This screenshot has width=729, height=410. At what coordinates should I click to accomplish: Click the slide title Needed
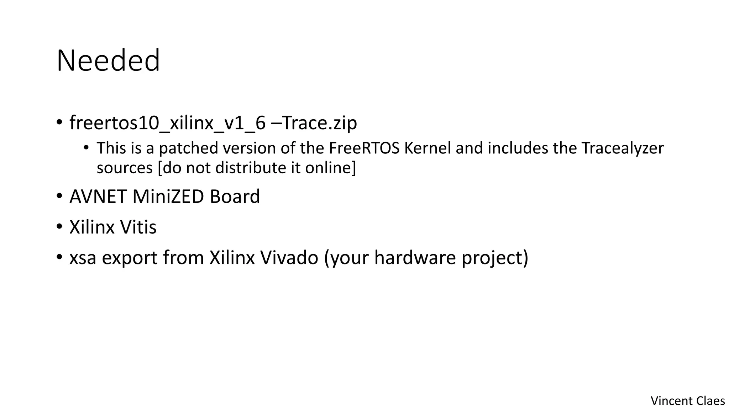pyautogui.click(x=108, y=61)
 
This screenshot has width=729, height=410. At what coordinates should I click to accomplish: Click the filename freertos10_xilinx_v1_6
pyautogui.click(x=167, y=123)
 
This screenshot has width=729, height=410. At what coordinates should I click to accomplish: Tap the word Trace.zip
pyautogui.click(x=319, y=123)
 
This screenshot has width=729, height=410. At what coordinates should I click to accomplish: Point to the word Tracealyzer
pyautogui.click(x=622, y=148)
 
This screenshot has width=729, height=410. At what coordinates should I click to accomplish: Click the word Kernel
pyautogui.click(x=428, y=148)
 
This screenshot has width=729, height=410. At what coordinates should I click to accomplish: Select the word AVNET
pyautogui.click(x=98, y=196)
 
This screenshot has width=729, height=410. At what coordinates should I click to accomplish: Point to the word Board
pyautogui.click(x=235, y=196)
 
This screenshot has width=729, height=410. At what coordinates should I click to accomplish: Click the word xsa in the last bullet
pyautogui.click(x=83, y=258)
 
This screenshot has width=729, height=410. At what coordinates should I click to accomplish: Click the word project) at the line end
pyautogui.click(x=495, y=258)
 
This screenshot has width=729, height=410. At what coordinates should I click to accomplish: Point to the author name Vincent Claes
pyautogui.click(x=687, y=401)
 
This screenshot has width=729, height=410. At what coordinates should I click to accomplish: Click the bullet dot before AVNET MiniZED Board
pyautogui.click(x=59, y=196)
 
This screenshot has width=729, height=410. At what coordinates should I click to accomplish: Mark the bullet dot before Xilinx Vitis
pyautogui.click(x=59, y=227)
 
